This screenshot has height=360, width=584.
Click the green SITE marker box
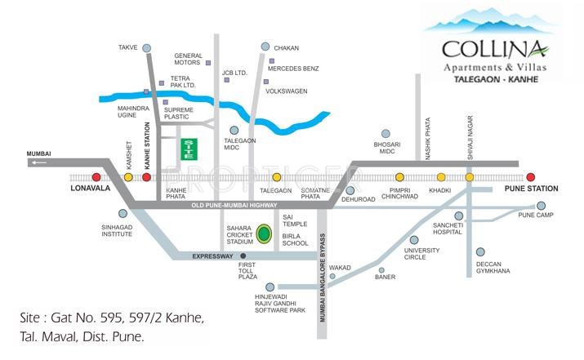pyautogui.click(x=189, y=149)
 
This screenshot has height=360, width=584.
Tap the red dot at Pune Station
pyautogui.click(x=530, y=176)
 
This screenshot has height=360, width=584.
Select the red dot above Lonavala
pyautogui.click(x=96, y=176)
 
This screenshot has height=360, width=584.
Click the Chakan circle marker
pyautogui.click(x=265, y=47)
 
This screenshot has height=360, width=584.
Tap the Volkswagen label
pyautogui.click(x=287, y=91)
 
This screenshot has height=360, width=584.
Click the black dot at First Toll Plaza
pyautogui.click(x=243, y=256)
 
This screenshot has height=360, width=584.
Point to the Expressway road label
pyautogui.click(x=213, y=256)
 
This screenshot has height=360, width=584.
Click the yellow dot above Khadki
pyautogui.click(x=441, y=176)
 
